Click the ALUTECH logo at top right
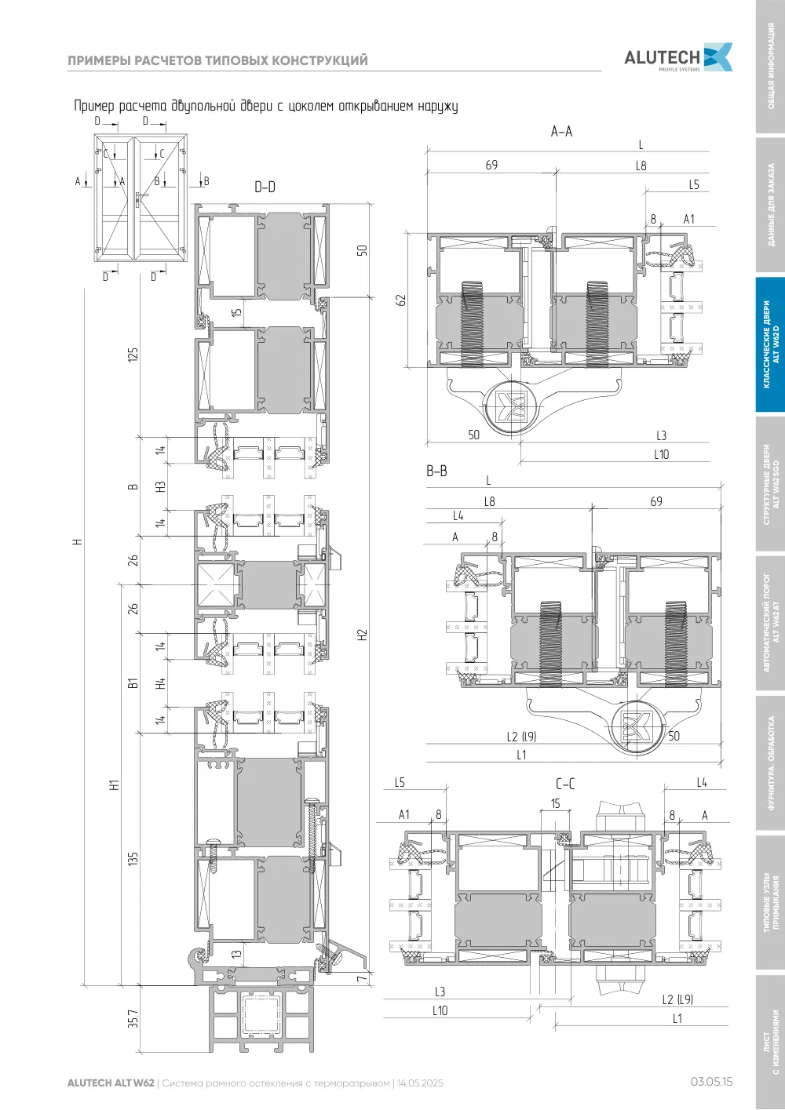[x=678, y=57]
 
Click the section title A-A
[x=561, y=131]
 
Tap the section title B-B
[x=437, y=471]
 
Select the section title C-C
[x=565, y=784]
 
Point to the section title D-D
[x=265, y=187]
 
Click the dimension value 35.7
[x=133, y=1019]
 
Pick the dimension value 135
[x=133, y=858]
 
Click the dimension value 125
[x=133, y=355]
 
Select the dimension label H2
[x=362, y=635]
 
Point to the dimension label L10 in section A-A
[x=662, y=454]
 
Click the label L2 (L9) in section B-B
[x=522, y=737]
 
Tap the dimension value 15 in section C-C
[x=556, y=803]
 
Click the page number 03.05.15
[x=712, y=1082]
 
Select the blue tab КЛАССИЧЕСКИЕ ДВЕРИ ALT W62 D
[x=771, y=344]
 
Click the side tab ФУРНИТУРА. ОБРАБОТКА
[x=771, y=763]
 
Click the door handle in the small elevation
[x=140, y=199]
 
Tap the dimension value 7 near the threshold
[x=362, y=979]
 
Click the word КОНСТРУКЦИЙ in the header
[x=321, y=60]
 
